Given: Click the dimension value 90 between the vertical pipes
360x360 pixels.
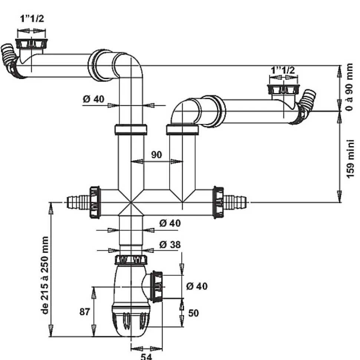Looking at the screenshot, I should [157, 154].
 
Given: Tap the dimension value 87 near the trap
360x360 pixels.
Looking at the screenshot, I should [85, 312].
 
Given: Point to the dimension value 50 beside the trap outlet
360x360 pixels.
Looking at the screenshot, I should [193, 313].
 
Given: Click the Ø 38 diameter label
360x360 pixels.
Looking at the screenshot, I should [170, 245].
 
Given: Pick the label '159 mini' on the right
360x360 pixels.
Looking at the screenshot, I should [350, 158].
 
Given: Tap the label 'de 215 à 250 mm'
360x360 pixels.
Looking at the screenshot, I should [45, 275].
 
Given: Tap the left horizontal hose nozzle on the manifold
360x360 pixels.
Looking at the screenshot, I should [77, 203].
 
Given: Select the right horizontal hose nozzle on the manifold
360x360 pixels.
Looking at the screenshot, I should [236, 203].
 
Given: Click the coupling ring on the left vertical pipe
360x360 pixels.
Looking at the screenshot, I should [131, 130].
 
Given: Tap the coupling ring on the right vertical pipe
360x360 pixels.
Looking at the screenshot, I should [182, 130].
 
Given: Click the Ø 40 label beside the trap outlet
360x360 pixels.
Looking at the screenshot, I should [197, 286].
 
